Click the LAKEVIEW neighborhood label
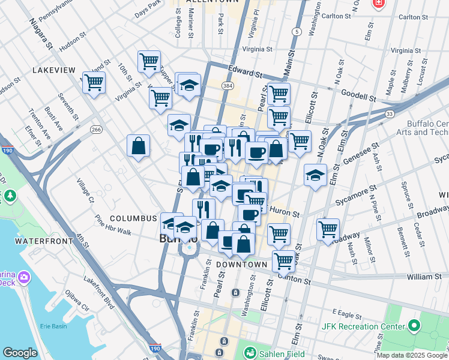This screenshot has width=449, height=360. pyautogui.click(x=53, y=70)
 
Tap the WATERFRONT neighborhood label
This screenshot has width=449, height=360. pyautogui.click(x=40, y=241)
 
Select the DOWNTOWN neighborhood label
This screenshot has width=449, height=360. pyautogui.click(x=241, y=265)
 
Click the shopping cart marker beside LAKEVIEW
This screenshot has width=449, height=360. pyautogui.click(x=94, y=83)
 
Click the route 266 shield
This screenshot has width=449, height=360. pyautogui.click(x=95, y=129)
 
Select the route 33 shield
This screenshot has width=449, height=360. pyautogui.click(x=390, y=113)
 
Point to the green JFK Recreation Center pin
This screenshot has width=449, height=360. pyautogui.click(x=414, y=326)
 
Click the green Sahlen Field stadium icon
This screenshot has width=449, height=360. pyautogui.click(x=250, y=353)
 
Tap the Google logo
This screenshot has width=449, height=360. pyautogui.click(x=20, y=353)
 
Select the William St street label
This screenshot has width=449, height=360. pyautogui.click(x=424, y=277)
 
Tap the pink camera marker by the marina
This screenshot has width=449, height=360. pyautogui.click(x=24, y=277)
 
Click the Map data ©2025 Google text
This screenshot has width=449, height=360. pyautogui.click(x=412, y=355)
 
